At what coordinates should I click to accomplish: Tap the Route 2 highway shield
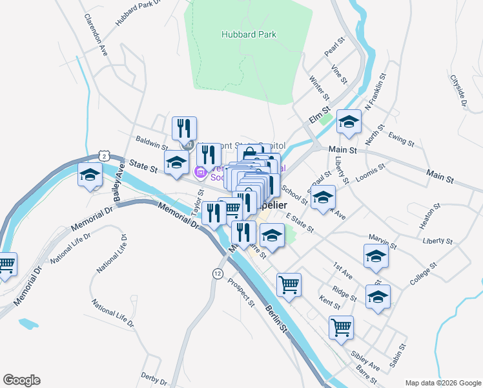point(103,155)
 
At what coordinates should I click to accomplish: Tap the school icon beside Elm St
point(349,122)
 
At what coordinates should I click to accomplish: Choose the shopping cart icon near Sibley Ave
point(341,326)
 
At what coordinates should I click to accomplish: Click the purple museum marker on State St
point(200,171)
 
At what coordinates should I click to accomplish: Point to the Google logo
point(21,380)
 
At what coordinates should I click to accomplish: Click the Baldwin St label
point(152,142)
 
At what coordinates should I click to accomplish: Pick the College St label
point(424,274)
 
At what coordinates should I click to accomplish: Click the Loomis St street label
point(371,170)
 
